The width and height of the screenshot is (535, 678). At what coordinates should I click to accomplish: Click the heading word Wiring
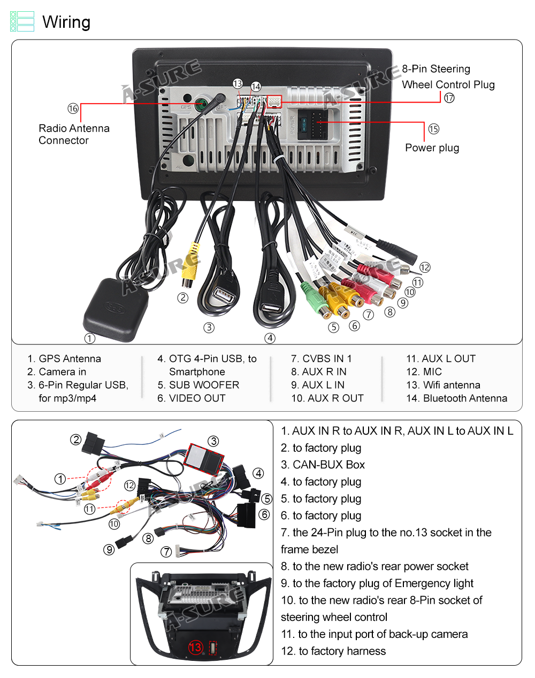pyautogui.click(x=66, y=22)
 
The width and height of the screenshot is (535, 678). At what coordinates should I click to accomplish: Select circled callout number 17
pyautogui.click(x=449, y=98)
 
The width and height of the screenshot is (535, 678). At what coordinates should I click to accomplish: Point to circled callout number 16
pyautogui.click(x=73, y=109)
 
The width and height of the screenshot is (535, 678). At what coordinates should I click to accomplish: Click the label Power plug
pyautogui.click(x=432, y=148)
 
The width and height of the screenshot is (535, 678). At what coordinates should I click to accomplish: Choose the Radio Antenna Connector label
pyautogui.click(x=74, y=135)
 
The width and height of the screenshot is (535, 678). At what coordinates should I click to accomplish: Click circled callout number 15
pyautogui.click(x=433, y=129)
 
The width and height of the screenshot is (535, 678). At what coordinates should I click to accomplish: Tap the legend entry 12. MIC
pyautogui.click(x=424, y=372)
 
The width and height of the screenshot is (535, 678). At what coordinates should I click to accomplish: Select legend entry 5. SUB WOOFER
pyautogui.click(x=198, y=385)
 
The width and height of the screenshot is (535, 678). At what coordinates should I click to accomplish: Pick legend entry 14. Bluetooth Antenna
pyautogui.click(x=456, y=398)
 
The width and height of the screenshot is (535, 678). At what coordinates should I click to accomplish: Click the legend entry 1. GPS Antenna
pyautogui.click(x=64, y=359)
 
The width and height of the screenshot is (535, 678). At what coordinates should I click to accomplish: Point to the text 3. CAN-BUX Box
pyautogui.click(x=323, y=465)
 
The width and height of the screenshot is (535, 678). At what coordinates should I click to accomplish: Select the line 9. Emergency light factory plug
pyautogui.click(x=377, y=583)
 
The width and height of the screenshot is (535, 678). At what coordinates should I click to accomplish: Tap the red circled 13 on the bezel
pyautogui.click(x=195, y=648)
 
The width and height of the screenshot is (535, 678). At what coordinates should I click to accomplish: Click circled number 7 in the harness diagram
pyautogui.click(x=166, y=552)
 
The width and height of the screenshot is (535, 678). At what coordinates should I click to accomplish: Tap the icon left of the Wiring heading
pyautogui.click(x=22, y=21)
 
